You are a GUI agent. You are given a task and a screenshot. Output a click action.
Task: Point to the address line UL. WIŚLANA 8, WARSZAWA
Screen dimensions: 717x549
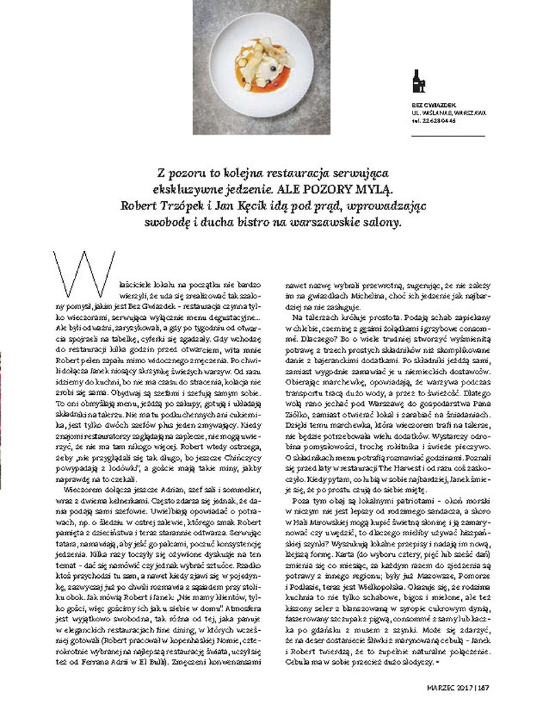pyautogui.click(x=448, y=113)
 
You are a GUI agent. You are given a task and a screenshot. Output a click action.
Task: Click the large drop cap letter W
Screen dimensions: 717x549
pyautogui.click(x=86, y=274)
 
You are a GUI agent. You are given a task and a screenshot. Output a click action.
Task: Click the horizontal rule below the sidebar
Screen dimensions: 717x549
pyautogui.click(x=447, y=136)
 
